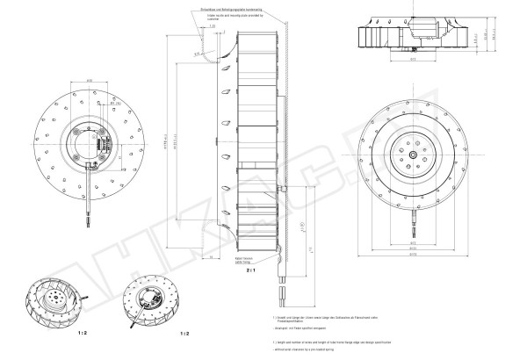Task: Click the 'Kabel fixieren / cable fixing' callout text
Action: (x=243, y=260)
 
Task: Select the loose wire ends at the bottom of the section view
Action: (x=284, y=294)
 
